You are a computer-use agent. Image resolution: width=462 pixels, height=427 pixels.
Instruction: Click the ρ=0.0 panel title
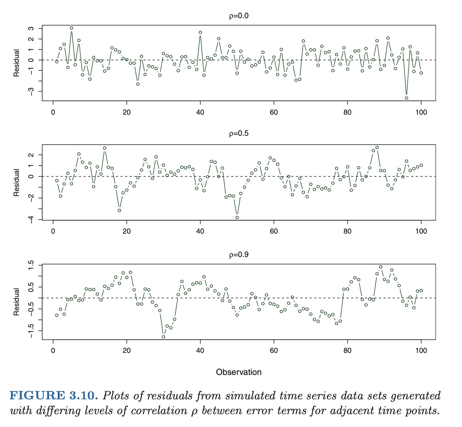tap(239, 16)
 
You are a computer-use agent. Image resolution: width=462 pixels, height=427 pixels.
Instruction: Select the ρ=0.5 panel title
tap(239, 133)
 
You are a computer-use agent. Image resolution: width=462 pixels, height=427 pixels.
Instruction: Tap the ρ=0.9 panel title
tap(239, 254)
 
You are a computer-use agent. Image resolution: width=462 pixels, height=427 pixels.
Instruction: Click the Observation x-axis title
tap(239, 372)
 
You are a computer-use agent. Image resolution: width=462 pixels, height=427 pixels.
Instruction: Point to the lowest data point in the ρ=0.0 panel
tap(406, 98)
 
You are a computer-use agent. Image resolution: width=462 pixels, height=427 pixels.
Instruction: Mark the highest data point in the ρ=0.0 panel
tap(72, 28)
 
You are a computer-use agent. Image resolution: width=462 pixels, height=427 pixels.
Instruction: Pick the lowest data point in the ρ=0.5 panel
tap(237, 217)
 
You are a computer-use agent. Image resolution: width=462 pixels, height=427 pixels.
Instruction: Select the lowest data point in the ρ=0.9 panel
tap(163, 337)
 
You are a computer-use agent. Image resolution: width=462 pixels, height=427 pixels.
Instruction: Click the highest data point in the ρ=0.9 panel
tap(381, 267)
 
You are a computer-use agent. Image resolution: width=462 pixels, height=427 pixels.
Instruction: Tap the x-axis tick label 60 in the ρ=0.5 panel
tap(274, 231)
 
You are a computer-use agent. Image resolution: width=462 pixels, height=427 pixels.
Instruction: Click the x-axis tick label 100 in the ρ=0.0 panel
tap(421, 112)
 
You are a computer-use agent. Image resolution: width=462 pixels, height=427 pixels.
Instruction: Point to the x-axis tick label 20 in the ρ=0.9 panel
tap(127, 351)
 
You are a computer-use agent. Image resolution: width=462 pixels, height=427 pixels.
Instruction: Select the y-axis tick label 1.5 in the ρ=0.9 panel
tap(31, 265)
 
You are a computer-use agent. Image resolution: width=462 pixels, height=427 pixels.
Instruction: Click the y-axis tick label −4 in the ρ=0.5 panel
tap(31, 219)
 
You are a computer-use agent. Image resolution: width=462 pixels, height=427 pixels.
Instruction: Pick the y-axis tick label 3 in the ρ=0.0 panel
tap(31, 29)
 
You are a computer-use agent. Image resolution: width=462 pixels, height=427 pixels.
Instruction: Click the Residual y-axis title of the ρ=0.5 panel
tap(16, 183)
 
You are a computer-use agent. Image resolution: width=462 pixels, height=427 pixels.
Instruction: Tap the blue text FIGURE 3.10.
tap(54, 395)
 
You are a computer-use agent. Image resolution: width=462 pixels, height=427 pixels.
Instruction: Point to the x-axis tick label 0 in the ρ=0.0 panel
tap(53, 112)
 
